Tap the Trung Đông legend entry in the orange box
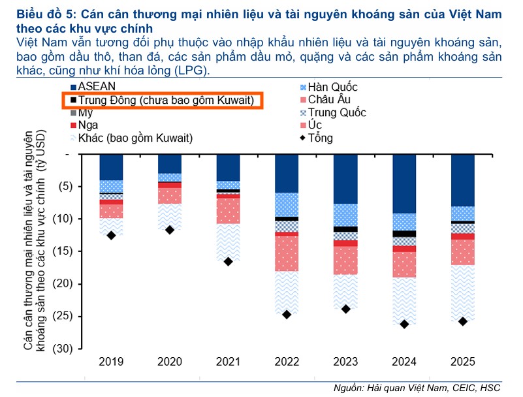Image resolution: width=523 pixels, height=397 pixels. pos(163,100)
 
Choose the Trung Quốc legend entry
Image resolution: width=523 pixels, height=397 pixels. pos(336,112)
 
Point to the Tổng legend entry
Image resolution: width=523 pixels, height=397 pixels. pos(321,138)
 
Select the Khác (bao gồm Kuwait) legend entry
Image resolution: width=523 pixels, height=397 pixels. pos(131,138)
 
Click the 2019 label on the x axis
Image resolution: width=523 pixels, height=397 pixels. pos(111,362)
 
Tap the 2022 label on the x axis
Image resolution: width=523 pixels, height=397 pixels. pos(287,362)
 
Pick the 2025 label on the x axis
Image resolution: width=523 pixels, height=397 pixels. pos(463,362)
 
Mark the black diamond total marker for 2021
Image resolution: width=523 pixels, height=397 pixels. pos(229,261)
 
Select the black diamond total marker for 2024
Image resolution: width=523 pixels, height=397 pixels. pos(405,324)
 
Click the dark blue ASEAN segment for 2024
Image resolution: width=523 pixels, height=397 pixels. pos(405,183)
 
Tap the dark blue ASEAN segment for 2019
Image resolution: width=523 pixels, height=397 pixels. pos(111,167)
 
